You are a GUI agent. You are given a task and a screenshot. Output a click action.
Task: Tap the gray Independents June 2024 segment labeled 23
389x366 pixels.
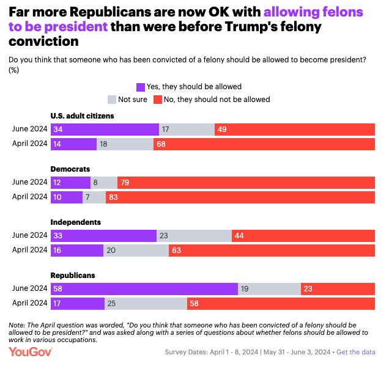[x=194, y=236]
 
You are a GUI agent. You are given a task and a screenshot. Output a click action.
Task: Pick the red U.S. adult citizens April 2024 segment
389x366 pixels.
[x=264, y=144]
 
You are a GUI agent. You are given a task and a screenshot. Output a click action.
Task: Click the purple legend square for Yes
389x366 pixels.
[x=141, y=87]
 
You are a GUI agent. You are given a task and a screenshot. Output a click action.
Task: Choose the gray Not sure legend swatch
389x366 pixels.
[x=111, y=99]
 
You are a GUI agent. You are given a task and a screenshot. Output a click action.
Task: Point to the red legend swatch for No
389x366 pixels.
[x=157, y=99]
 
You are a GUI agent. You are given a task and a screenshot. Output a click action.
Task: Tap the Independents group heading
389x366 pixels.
[x=75, y=222]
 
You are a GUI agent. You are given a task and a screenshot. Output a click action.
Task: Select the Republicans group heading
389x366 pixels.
[x=73, y=276]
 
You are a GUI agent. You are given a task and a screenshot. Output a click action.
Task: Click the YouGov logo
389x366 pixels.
[x=31, y=351]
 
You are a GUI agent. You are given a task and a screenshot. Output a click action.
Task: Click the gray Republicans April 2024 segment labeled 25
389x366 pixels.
[x=146, y=304]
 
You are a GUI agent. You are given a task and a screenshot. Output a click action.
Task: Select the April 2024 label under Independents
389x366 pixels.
[x=29, y=250]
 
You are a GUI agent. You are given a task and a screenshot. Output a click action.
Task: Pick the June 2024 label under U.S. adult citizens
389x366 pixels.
[x=29, y=129]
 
